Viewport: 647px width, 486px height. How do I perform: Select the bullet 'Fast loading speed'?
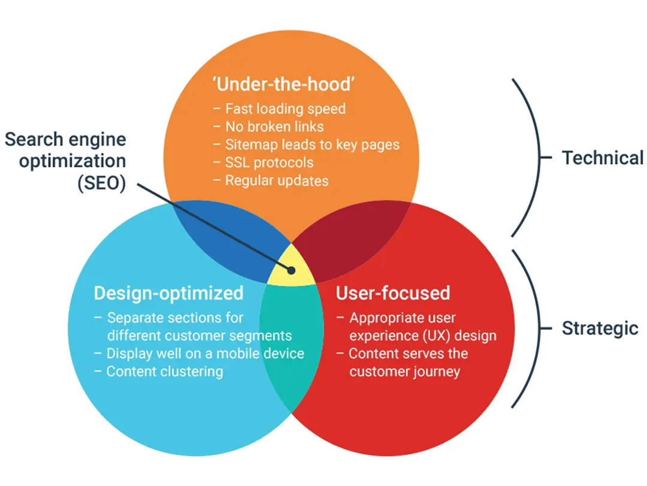click(285, 109)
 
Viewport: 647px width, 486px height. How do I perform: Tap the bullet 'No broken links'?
click(274, 127)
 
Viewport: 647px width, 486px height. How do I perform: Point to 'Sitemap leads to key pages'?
click(312, 144)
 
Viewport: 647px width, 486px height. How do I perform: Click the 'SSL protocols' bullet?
click(269, 162)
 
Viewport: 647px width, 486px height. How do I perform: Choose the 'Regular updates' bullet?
click(276, 180)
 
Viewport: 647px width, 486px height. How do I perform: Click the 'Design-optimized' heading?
click(168, 293)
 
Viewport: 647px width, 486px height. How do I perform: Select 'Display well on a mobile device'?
click(205, 354)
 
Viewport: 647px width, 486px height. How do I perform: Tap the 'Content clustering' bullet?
click(164, 372)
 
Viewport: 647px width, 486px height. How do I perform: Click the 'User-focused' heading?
click(392, 293)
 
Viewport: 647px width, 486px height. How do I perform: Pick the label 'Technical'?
click(602, 158)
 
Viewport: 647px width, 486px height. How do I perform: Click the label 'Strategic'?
click(600, 328)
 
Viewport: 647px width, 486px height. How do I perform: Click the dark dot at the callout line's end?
click(292, 270)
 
